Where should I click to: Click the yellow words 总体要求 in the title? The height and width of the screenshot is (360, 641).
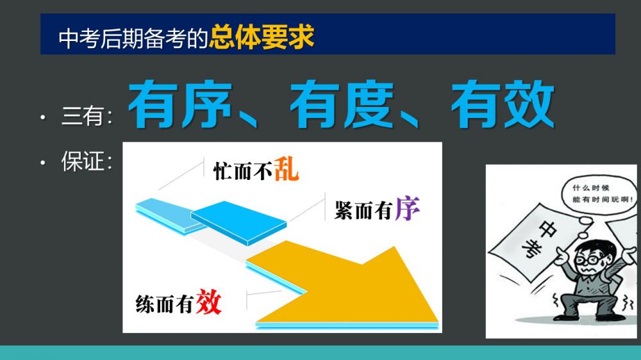(262, 37)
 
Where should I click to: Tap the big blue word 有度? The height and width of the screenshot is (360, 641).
(342, 104)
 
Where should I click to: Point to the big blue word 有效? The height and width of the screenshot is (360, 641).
(503, 104)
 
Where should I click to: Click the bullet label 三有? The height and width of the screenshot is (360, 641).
(87, 116)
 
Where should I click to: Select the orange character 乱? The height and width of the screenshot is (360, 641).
(286, 169)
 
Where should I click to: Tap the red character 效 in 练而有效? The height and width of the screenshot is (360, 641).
(209, 302)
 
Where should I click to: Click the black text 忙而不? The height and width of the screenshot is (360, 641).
(243, 171)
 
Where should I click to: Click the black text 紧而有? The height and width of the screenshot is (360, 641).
(364, 211)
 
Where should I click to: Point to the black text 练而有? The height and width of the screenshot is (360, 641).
(165, 304)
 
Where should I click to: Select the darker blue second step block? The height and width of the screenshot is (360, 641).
(238, 223)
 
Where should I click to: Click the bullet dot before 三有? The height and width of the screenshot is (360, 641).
(44, 118)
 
